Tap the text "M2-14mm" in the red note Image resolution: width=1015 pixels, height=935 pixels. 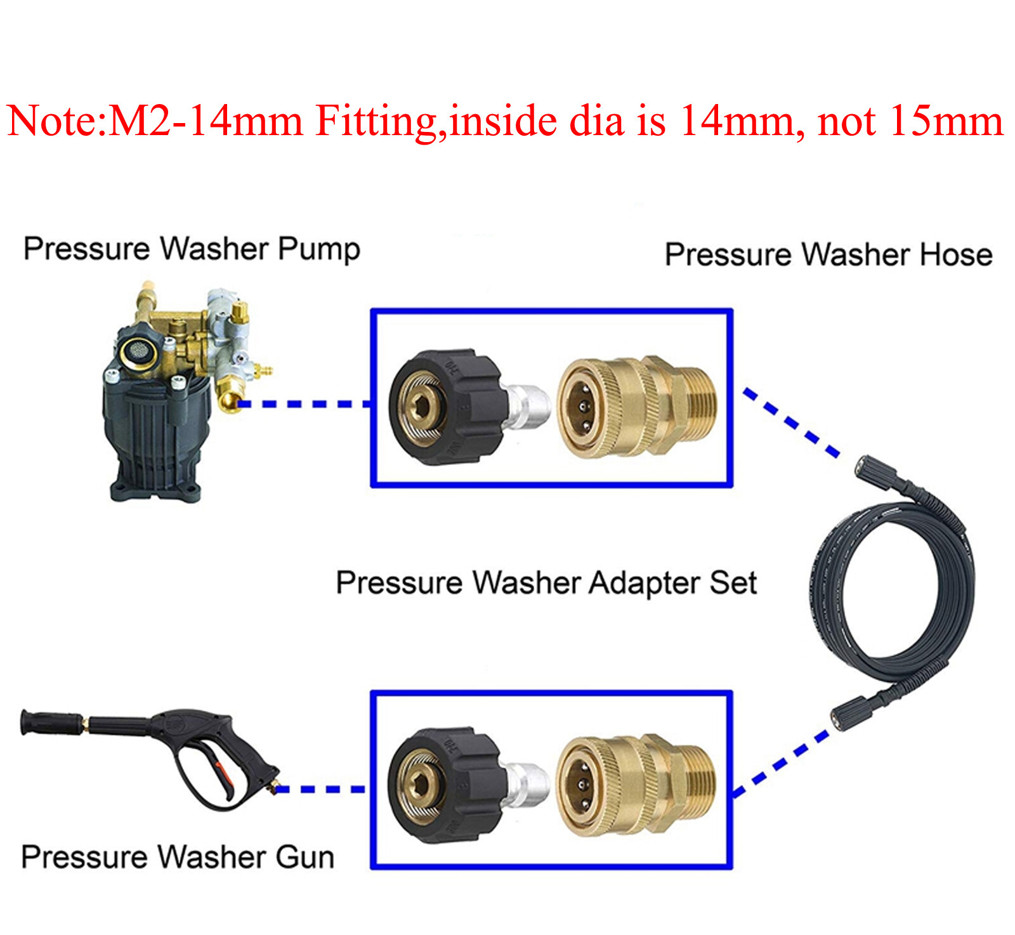[x=205, y=121]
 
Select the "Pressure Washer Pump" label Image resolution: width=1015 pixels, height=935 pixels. [x=192, y=249]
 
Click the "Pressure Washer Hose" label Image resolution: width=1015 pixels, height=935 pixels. [x=828, y=255]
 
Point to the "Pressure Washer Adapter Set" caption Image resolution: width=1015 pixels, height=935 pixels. [x=546, y=583]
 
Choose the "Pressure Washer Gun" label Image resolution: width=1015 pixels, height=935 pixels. [x=178, y=857]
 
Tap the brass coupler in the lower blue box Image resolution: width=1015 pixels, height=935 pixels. [x=634, y=785]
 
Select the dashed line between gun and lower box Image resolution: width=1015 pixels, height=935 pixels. [x=320, y=789]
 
